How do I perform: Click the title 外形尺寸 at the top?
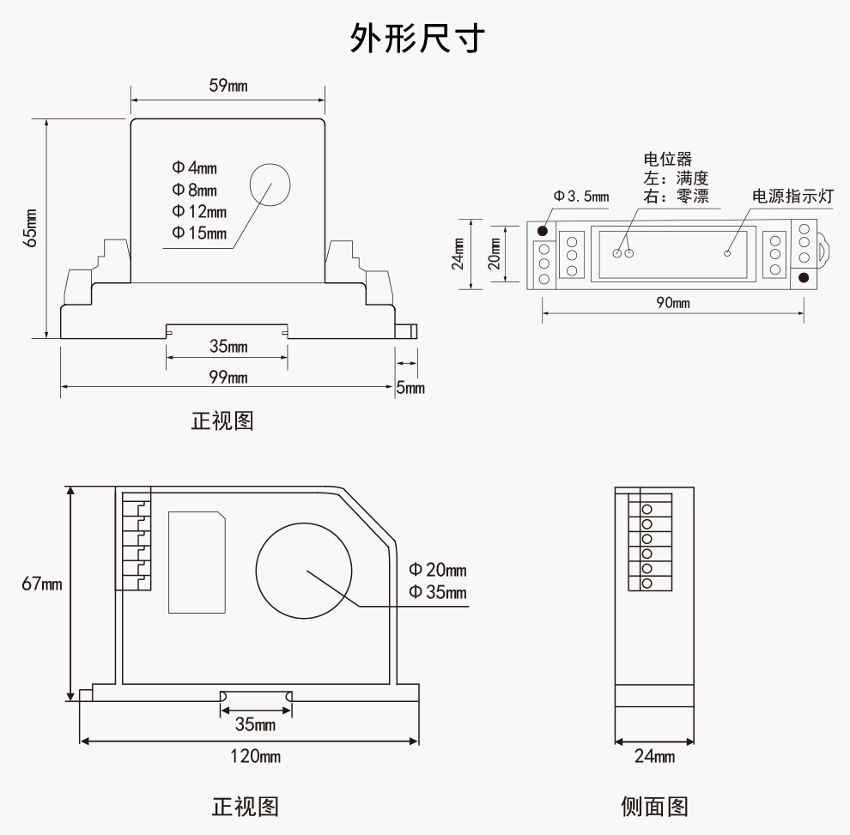[x=418, y=39]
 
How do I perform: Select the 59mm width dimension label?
[x=228, y=86]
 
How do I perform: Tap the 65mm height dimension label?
[x=31, y=227]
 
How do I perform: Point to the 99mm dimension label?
[x=228, y=378]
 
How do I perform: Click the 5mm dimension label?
[x=410, y=388]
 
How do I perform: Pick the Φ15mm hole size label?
[x=199, y=233]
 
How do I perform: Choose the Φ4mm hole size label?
[x=194, y=168]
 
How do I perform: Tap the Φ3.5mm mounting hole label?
[x=581, y=197]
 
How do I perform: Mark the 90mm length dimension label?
[x=672, y=303]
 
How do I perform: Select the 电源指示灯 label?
[x=792, y=196]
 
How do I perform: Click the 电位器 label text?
[x=667, y=159]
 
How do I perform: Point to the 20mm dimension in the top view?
[x=495, y=255]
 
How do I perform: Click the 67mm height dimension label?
[x=41, y=584]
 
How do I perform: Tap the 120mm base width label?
[x=256, y=756]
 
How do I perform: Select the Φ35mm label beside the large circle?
[x=438, y=592]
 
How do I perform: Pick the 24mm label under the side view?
[x=654, y=756]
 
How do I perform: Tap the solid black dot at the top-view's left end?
[x=543, y=231]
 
